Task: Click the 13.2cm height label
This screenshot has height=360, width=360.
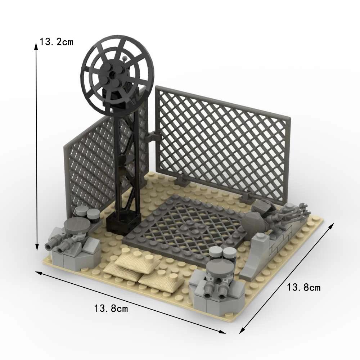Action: pyautogui.click(x=57, y=42)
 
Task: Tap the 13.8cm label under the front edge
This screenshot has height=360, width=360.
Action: pyautogui.click(x=111, y=309)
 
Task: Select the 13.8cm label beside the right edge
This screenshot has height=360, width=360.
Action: pyautogui.click(x=303, y=287)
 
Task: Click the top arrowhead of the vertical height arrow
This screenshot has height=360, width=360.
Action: pyautogui.click(x=36, y=46)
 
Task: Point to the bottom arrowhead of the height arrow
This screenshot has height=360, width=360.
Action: pyautogui.click(x=37, y=247)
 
